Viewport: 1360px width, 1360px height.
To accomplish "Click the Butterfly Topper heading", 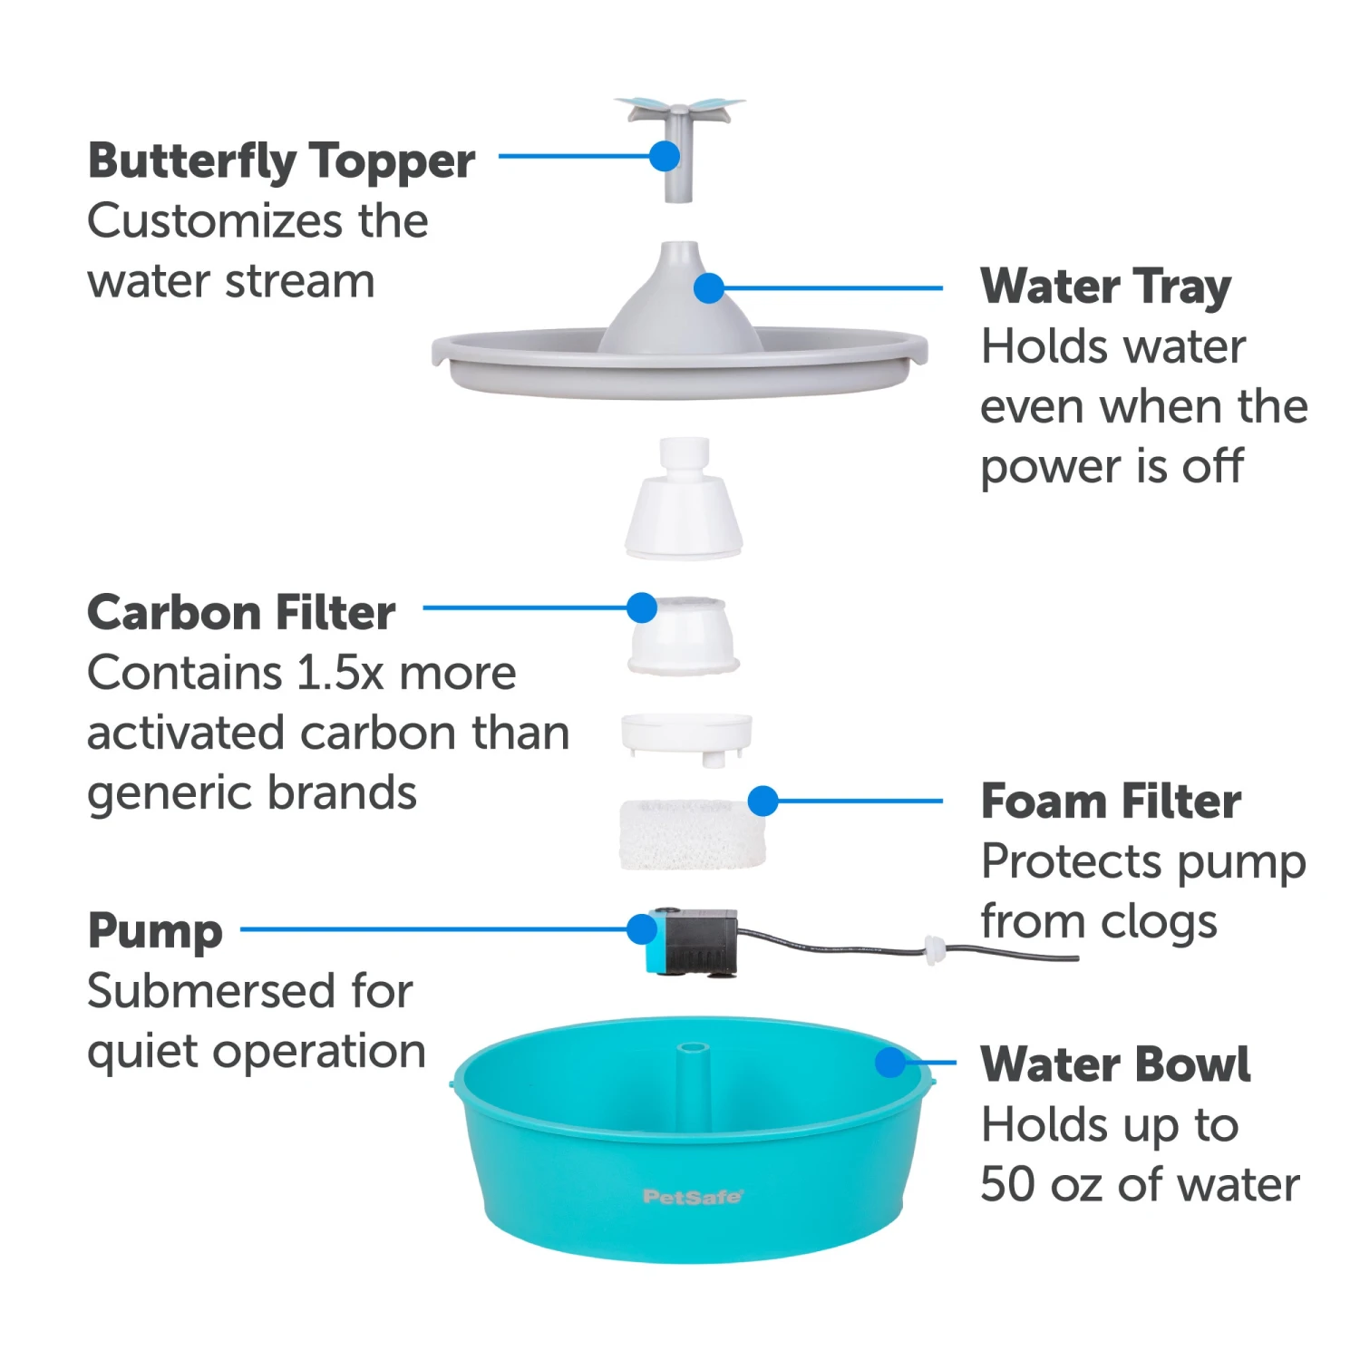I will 281,161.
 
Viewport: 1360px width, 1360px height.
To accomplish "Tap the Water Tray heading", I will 1105,287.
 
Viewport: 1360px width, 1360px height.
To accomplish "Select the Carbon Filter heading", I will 241,613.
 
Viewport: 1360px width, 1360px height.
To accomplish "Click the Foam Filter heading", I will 1111,801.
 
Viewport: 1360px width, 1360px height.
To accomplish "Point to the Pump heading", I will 155,931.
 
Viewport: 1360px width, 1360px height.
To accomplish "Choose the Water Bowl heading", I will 1115,1064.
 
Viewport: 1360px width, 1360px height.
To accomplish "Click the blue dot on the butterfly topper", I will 665,156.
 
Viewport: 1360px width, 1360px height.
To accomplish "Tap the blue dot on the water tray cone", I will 708,288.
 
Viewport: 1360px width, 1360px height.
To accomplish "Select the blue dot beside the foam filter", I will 763,801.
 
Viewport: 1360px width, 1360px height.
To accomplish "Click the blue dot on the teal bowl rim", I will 891,1063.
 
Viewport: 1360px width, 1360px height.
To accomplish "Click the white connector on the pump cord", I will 934,950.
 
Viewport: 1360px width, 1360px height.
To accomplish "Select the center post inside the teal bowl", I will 693,1083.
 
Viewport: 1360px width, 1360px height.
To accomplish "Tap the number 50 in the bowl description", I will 1007,1185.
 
